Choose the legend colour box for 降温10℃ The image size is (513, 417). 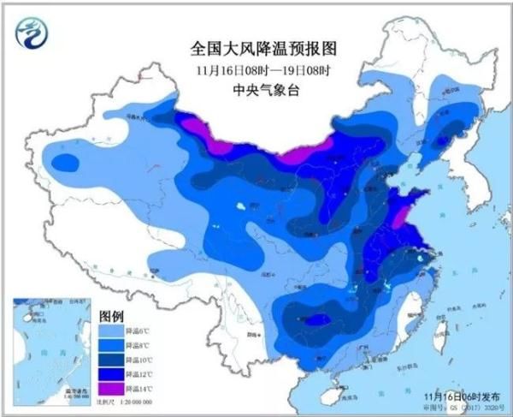(109, 360)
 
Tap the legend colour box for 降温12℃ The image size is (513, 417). (109, 374)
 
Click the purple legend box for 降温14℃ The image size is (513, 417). (109, 389)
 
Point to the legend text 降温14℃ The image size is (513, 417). (137, 389)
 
